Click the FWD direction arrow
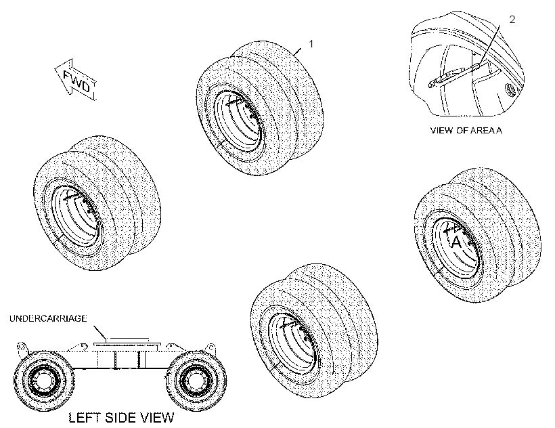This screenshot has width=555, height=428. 76,80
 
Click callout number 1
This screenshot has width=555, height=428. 311,44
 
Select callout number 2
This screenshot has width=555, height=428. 512,20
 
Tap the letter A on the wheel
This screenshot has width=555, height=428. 457,242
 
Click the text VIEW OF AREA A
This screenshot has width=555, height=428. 466,130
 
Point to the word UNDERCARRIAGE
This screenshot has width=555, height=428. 48,318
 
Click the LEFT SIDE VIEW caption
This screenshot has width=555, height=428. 121,418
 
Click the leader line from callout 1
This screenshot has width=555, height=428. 298,51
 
